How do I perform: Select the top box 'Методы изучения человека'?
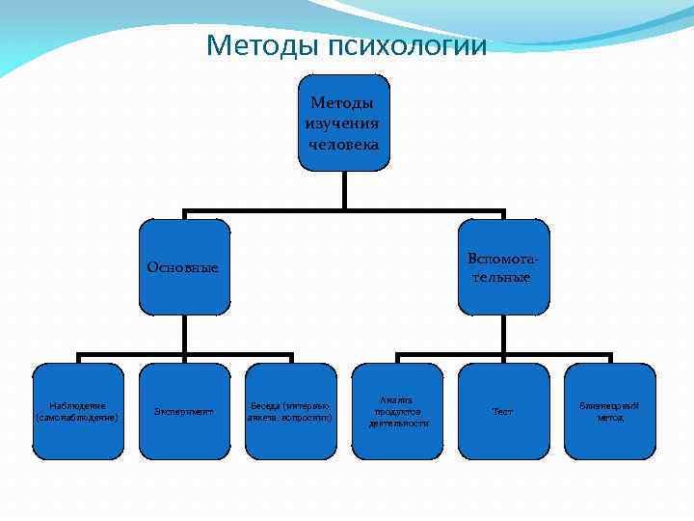[343, 123]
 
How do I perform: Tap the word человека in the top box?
[343, 144]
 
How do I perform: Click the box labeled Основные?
[185, 267]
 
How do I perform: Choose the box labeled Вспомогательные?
[503, 267]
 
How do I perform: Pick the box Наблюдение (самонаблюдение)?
[79, 411]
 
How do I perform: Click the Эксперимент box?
[185, 411]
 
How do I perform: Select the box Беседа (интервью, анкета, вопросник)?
[291, 411]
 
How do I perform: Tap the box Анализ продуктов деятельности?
[396, 411]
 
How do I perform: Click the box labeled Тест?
[503, 411]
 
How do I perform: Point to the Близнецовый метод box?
[609, 411]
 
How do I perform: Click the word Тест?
[503, 412]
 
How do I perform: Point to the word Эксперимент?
[185, 412]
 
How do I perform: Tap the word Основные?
[183, 267]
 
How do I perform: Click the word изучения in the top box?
[342, 123]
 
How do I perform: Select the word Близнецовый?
[609, 405]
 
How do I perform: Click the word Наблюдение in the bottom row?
[77, 405]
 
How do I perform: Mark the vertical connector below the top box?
[343, 190]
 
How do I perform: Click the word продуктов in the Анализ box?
[396, 412]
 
